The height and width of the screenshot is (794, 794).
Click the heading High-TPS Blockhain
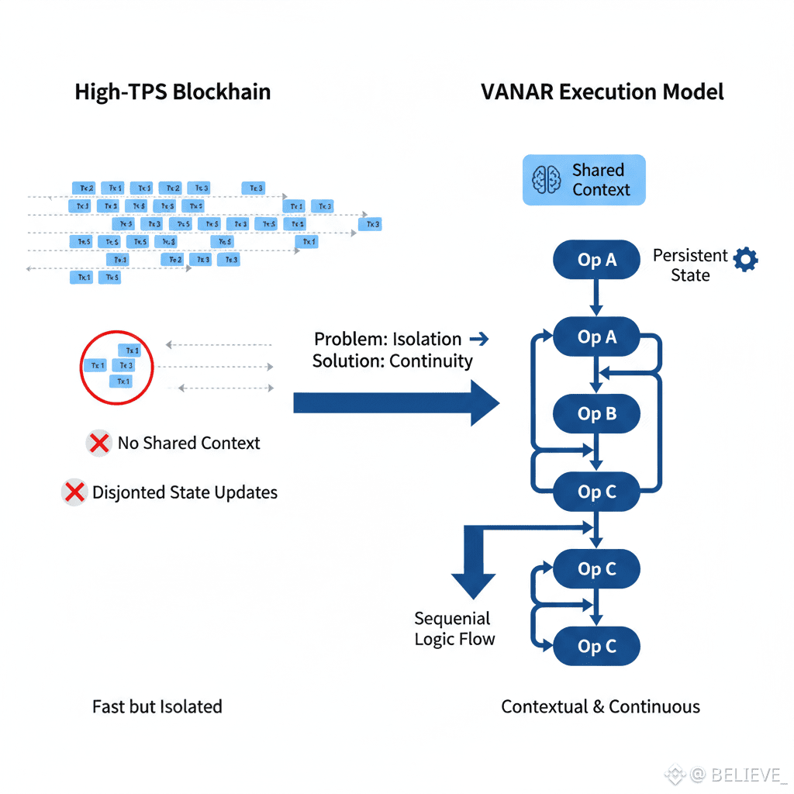[172, 91]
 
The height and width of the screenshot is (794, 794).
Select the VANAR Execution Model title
[602, 91]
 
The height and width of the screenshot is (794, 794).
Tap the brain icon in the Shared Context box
[547, 180]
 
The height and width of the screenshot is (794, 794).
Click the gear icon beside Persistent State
[746, 260]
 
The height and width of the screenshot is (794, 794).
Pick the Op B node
[596, 414]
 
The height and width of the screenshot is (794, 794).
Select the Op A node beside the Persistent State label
[596, 261]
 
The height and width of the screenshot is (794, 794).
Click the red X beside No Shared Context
[98, 444]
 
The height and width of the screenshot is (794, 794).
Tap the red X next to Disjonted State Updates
[74, 492]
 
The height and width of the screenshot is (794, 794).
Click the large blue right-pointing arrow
[395, 403]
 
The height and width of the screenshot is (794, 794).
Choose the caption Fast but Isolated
[157, 707]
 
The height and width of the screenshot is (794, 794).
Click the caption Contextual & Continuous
[600, 707]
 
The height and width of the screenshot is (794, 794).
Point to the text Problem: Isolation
[388, 340]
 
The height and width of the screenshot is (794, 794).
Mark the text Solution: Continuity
[392, 361]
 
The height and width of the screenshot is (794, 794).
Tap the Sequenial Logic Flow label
[454, 629]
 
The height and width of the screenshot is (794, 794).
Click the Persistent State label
[690, 265]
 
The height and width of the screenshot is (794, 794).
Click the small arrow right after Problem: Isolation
[479, 339]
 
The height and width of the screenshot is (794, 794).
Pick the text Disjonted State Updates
[185, 492]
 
